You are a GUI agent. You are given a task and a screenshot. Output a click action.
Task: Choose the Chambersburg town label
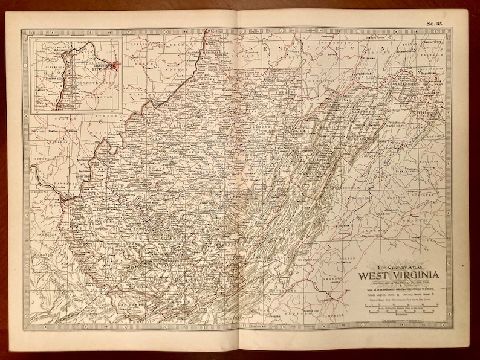(x=430, y=42)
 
